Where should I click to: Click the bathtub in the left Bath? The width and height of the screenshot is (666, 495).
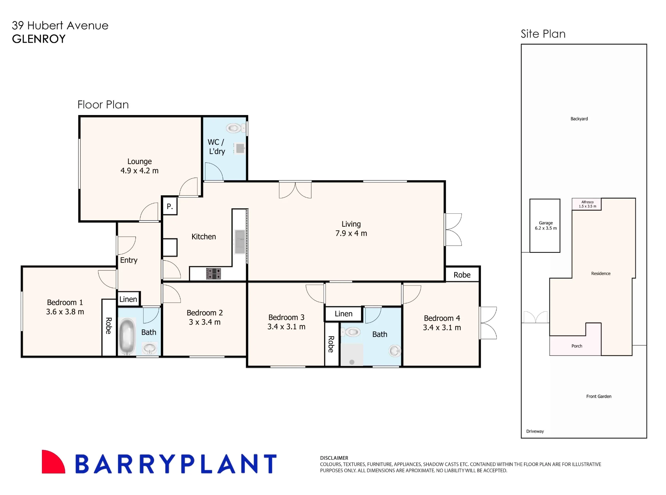127,337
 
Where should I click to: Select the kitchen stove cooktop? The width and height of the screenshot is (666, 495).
213,274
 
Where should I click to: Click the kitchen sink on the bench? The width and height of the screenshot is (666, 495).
240,242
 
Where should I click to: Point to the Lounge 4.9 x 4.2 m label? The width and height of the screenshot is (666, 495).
140,166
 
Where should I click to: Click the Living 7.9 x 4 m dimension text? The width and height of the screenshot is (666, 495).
351,233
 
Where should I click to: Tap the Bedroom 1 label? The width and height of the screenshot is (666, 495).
65,302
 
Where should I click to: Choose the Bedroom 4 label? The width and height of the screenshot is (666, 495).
442,318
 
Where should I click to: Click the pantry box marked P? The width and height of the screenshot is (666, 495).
169,206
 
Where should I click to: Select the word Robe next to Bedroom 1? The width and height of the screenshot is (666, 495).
109,326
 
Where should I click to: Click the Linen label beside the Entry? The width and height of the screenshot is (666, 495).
128,299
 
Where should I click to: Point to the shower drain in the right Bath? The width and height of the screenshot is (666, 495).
352,362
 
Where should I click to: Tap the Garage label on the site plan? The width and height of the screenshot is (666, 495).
546,223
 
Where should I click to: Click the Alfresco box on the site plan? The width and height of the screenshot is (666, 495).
587,204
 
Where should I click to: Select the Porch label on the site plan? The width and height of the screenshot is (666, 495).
577,346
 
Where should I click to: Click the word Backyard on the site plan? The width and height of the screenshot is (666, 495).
579,119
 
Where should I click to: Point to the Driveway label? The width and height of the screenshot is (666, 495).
535,431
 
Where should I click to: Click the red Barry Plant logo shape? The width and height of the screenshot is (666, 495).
53,462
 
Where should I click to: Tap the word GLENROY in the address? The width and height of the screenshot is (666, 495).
39,39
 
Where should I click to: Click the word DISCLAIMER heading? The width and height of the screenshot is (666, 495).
334,458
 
